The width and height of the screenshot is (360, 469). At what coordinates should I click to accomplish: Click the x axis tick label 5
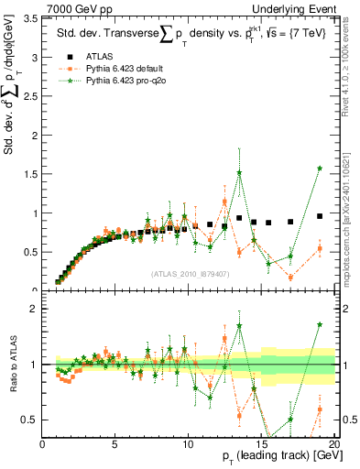point(115,446)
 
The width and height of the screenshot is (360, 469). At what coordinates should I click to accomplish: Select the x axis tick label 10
point(188,446)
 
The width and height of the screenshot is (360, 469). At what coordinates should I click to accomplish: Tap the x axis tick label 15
point(261,446)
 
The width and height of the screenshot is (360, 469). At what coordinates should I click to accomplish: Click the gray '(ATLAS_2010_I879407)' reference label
point(189,273)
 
